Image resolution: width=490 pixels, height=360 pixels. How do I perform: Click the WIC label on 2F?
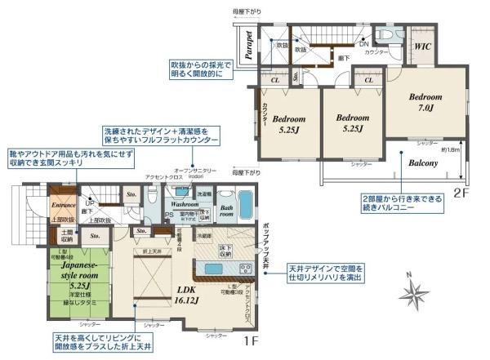tap(423, 47)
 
